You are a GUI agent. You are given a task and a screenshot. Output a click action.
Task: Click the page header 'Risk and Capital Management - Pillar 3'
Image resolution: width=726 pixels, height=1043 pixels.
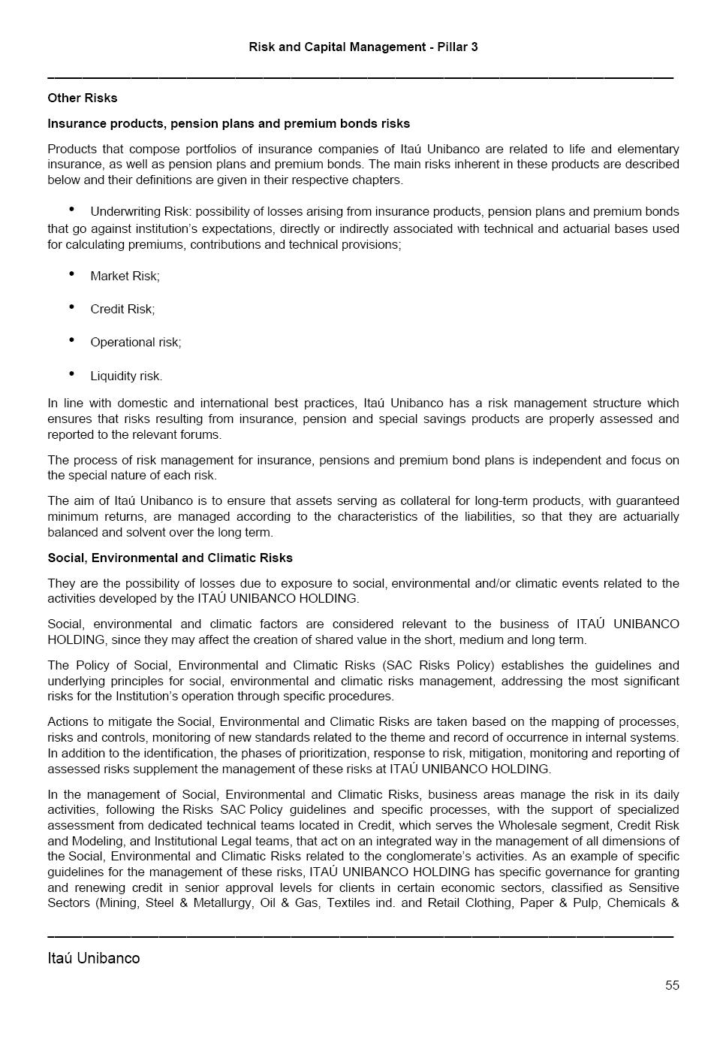[363, 47]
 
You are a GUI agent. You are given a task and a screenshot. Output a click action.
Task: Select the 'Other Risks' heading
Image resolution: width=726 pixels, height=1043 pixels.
[83, 98]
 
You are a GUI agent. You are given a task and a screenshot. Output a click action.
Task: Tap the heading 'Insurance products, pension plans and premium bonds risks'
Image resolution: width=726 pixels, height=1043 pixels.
[228, 123]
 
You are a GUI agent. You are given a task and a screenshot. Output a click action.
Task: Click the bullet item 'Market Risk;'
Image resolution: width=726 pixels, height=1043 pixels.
[125, 276]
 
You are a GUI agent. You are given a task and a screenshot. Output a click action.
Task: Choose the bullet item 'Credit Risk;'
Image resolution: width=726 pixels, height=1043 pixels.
[122, 309]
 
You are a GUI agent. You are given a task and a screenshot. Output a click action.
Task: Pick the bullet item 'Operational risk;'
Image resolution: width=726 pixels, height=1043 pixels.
[136, 342]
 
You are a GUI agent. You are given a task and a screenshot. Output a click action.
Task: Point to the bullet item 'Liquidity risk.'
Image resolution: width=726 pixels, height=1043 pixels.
[126, 376]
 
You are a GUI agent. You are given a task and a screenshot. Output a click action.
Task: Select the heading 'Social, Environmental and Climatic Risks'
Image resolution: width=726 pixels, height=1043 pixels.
[170, 558]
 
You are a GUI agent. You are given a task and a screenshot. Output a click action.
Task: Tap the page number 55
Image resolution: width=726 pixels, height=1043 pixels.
[672, 985]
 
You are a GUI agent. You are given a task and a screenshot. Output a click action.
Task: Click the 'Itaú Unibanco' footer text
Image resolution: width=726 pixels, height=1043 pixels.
[94, 958]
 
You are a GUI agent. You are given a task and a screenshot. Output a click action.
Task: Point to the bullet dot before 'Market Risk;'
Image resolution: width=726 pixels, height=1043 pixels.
[71, 274]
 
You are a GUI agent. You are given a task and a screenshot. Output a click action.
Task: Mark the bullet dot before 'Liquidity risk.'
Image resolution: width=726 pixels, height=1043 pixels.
[71, 373]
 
